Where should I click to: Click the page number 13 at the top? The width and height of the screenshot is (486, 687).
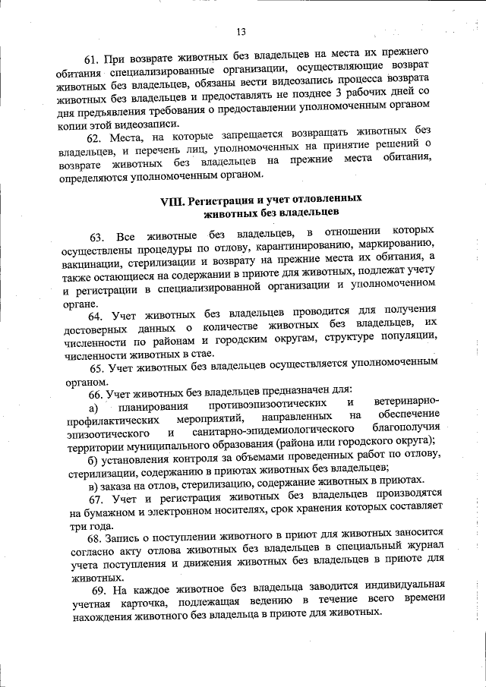[241, 32]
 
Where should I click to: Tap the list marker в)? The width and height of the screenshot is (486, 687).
[93, 483]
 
